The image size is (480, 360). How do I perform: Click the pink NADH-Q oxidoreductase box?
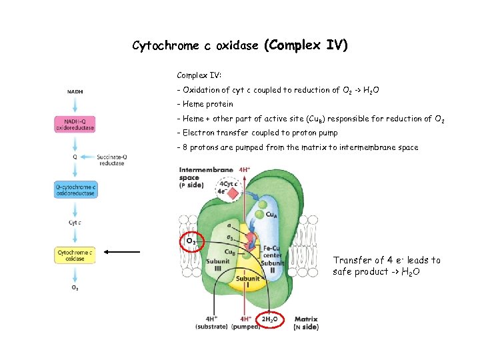pyautogui.click(x=75, y=123)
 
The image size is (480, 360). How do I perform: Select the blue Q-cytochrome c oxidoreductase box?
pyautogui.click(x=75, y=190)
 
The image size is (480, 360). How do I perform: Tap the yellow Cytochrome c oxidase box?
pyautogui.click(x=75, y=255)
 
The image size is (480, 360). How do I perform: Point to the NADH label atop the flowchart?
pyautogui.click(x=75, y=91)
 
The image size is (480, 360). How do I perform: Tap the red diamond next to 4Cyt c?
pyautogui.click(x=233, y=195)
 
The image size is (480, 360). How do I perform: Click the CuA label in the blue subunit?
pyautogui.click(x=272, y=215)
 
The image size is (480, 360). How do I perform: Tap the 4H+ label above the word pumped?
pyautogui.click(x=246, y=319)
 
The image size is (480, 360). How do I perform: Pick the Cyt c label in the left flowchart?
pyautogui.click(x=75, y=223)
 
